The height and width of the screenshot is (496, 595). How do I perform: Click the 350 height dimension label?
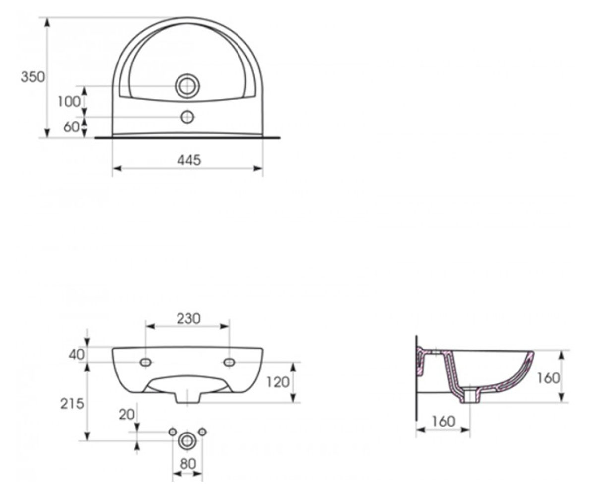click(33, 77)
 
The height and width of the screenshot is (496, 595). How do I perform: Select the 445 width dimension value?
click(189, 160)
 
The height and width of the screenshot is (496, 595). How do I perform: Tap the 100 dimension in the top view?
click(69, 102)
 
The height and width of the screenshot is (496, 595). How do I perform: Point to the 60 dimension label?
click(71, 127)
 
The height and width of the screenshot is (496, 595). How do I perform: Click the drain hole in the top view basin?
click(187, 86)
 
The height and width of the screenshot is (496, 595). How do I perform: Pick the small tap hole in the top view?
click(187, 117)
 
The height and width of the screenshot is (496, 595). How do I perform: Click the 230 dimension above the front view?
click(188, 319)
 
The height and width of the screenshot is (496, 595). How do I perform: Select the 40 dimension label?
click(77, 355)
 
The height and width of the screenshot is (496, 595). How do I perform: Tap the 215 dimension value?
click(72, 404)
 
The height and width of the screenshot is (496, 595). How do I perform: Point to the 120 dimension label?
click(278, 382)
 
